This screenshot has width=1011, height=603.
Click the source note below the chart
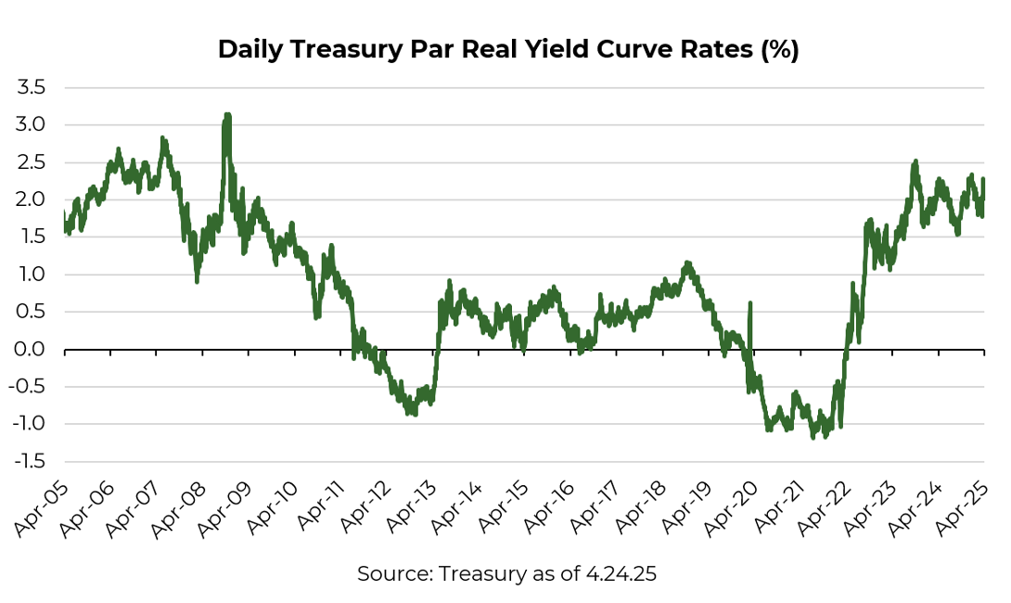pos(506,574)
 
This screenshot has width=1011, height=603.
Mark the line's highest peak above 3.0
pos(226,116)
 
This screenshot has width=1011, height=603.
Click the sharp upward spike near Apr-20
pos(749,303)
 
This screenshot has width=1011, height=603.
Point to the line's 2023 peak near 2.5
pos(915,161)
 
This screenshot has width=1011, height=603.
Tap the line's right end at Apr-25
pos(983,180)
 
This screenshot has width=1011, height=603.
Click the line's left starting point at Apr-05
pos(65,215)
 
